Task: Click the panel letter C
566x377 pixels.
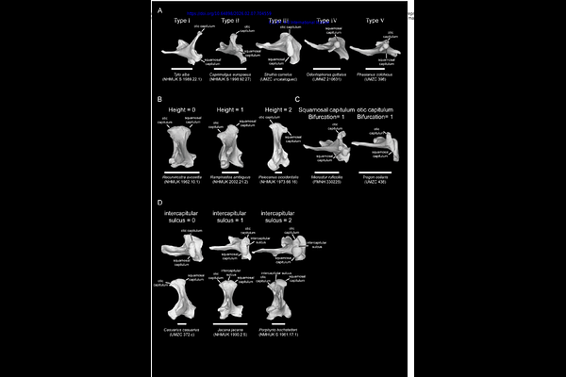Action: pyautogui.click(x=297, y=98)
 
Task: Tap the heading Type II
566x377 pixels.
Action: pyautogui.click(x=230, y=20)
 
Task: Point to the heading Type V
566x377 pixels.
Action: pyautogui.click(x=375, y=20)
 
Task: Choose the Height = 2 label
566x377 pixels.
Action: pyautogui.click(x=277, y=110)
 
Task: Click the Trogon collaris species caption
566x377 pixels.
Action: pyautogui.click(x=377, y=180)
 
